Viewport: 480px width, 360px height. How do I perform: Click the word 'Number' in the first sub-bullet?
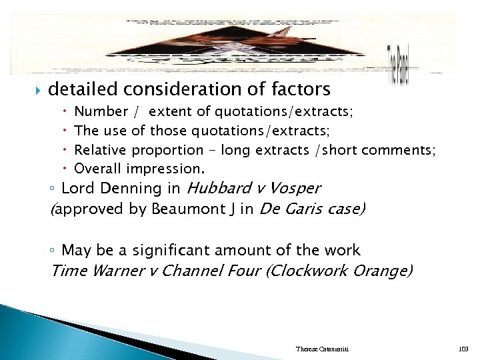pyautogui.click(x=101, y=112)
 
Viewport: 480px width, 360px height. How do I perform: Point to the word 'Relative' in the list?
pyautogui.click(x=100, y=151)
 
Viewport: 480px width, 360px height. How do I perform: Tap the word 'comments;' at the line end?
pyautogui.click(x=405, y=151)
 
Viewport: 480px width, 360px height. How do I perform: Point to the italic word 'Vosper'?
pyautogui.click(x=297, y=189)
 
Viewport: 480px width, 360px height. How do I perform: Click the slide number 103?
pyautogui.click(x=464, y=349)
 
